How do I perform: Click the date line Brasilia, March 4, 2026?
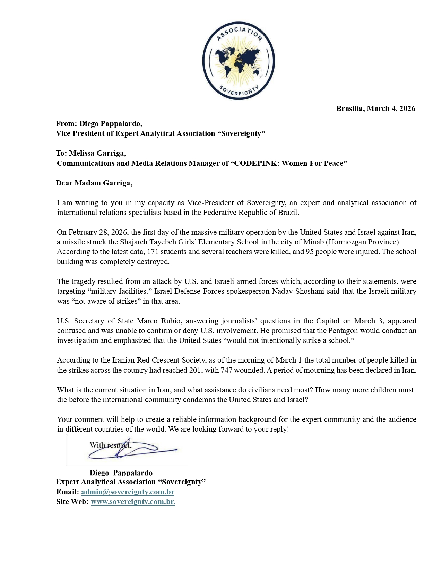375,109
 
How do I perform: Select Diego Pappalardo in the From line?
110,124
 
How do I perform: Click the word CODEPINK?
256,163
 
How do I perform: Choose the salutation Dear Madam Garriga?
94,183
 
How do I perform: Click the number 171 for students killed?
153,252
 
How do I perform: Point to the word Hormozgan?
350,242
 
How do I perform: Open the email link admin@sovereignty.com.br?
128,492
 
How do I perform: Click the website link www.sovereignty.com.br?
133,502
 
